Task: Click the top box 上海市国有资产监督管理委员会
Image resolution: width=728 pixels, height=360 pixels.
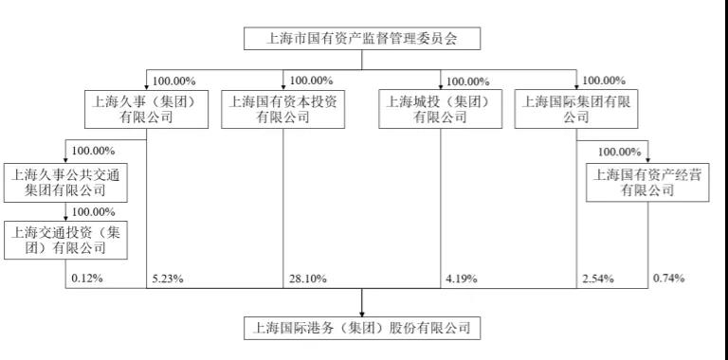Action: (x=363, y=39)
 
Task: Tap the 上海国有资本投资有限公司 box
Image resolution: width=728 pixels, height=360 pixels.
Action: (x=282, y=109)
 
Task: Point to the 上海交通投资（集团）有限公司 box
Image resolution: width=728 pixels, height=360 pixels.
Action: (x=66, y=241)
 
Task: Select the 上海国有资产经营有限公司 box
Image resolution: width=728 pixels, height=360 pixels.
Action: (x=647, y=182)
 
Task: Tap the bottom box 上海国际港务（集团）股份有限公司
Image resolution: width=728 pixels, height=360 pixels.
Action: (x=363, y=329)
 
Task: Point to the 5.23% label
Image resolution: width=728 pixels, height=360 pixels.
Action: (x=166, y=279)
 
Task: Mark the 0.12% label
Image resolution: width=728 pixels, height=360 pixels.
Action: (x=86, y=279)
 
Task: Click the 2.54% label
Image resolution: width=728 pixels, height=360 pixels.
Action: (x=597, y=279)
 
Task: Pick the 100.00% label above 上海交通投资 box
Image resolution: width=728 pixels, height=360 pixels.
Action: (x=93, y=211)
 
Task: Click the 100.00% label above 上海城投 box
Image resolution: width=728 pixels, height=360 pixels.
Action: (x=468, y=81)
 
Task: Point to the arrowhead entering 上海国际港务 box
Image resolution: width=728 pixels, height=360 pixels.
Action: (x=363, y=313)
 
